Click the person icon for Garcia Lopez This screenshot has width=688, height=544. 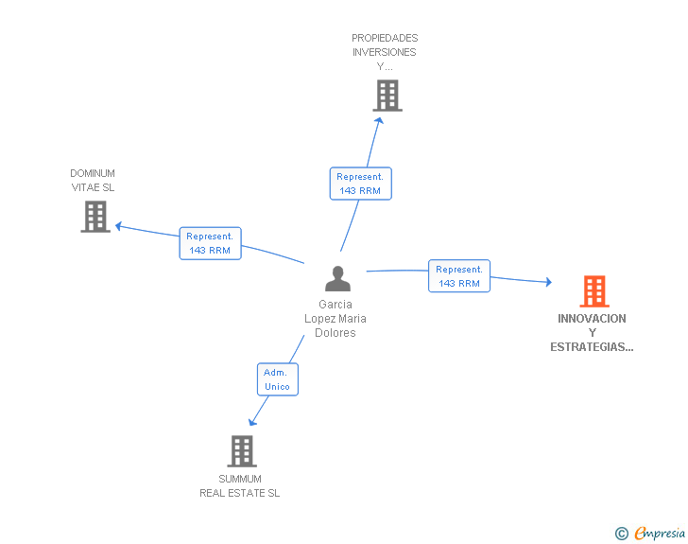pyautogui.click(x=337, y=279)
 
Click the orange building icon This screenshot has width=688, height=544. pyautogui.click(x=594, y=291)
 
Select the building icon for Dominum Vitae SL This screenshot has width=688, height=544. pyautogui.click(x=95, y=217)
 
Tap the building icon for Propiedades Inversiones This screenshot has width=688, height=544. pyautogui.click(x=387, y=96)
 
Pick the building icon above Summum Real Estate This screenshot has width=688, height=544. pyautogui.click(x=242, y=451)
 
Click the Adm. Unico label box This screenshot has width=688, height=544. pyautogui.click(x=277, y=379)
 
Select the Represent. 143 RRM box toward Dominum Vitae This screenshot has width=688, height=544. pyautogui.click(x=210, y=243)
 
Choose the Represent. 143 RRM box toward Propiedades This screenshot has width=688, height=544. pyautogui.click(x=360, y=184)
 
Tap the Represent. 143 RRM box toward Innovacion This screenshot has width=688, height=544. pyautogui.click(x=459, y=276)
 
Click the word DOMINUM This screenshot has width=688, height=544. pyautogui.click(x=93, y=173)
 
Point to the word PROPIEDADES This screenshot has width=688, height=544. pyautogui.click(x=385, y=39)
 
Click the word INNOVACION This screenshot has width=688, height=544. pyautogui.click(x=592, y=319)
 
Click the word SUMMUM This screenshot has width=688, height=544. pyautogui.click(x=240, y=479)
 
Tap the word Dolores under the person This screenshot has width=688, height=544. pyautogui.click(x=335, y=333)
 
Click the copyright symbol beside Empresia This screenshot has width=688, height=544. pyautogui.click(x=621, y=534)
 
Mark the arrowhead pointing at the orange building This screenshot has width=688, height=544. pyautogui.click(x=547, y=281)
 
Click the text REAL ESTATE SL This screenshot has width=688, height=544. pyautogui.click(x=240, y=493)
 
